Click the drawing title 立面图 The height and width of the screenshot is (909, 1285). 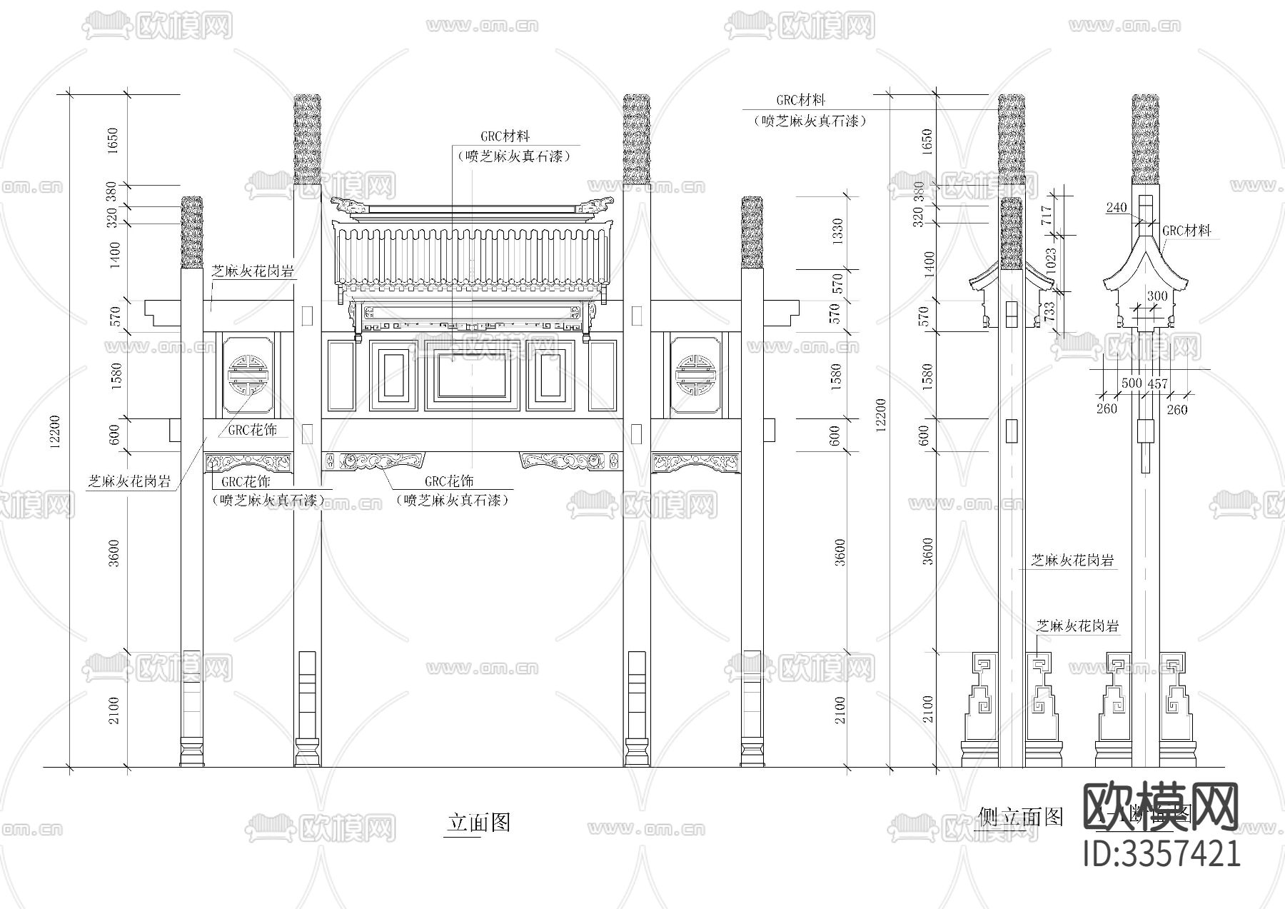point(478,822)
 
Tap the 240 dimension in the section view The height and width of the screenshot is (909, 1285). point(1117,208)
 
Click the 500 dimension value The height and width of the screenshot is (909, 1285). point(1132,383)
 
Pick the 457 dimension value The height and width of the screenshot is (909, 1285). point(1157,383)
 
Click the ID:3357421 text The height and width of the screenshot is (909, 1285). point(1162,854)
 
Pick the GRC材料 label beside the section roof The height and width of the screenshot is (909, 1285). point(1186,231)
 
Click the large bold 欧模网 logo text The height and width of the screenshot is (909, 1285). point(1162,807)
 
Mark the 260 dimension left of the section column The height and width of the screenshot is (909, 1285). point(1107,409)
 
